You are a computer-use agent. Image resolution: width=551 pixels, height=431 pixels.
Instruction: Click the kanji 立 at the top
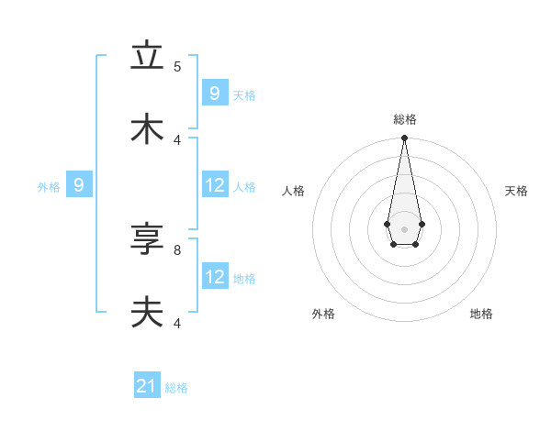coord(147,56)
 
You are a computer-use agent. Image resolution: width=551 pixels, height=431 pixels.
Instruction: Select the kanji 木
coord(147,129)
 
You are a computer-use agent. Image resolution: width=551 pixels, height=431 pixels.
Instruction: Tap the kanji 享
coord(147,241)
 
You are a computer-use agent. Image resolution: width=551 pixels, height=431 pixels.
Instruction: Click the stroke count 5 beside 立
coord(177,66)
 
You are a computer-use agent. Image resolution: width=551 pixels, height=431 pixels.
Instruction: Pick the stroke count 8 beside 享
coord(177,249)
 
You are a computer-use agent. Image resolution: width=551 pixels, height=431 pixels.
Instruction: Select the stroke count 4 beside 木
coord(177,139)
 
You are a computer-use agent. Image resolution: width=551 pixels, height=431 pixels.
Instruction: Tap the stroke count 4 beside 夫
coord(177,323)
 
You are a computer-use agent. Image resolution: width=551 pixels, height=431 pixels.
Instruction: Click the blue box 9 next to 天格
coord(215,94)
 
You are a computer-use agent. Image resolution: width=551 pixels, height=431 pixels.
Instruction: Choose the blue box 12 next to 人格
coord(215,185)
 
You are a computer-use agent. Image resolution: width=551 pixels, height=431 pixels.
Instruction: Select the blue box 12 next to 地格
coord(215,277)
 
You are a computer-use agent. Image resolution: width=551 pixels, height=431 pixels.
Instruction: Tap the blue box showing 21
coord(147,387)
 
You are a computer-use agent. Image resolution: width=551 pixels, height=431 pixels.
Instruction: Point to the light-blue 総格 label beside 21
coord(176,388)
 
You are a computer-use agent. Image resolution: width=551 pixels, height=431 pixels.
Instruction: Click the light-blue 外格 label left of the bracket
coord(49,187)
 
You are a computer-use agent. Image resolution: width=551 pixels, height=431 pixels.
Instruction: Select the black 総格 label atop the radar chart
coord(404,119)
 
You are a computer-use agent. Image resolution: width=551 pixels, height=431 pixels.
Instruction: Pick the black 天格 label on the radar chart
coord(516,191)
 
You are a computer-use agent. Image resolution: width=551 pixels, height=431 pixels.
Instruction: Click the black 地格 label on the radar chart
coord(481,314)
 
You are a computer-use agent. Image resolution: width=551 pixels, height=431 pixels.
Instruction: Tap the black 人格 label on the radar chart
coord(293,191)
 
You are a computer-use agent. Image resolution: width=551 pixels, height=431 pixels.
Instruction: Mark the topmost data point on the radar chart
coord(404,138)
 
